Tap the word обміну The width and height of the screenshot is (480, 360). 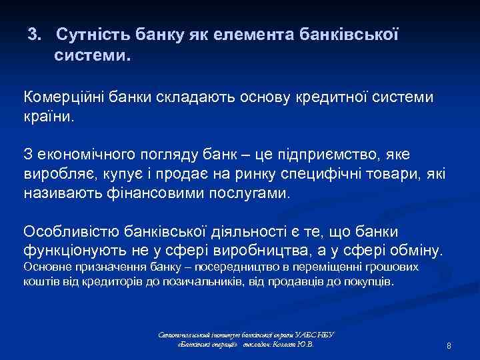[x=413, y=251]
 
